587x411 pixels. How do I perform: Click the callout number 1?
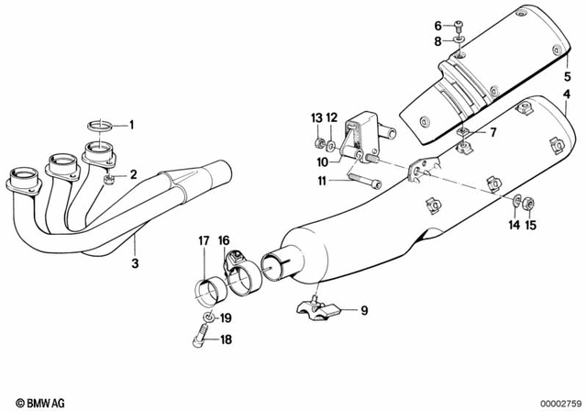(131, 124)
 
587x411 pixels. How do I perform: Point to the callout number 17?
(204, 241)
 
